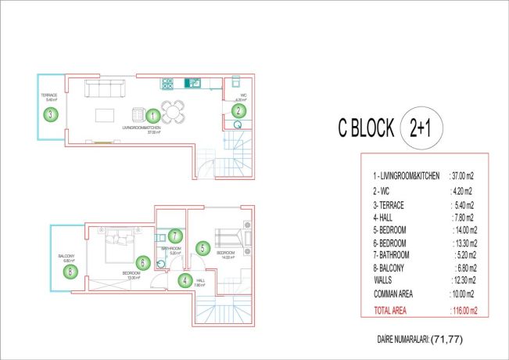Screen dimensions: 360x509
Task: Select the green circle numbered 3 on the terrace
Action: click(x=50, y=114)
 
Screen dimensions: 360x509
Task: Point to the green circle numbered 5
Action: click(x=202, y=249)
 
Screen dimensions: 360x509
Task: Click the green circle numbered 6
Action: click(x=142, y=263)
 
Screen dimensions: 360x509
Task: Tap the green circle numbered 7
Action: click(x=175, y=235)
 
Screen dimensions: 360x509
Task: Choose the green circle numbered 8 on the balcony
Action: click(x=71, y=272)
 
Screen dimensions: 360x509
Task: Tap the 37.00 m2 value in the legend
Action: click(x=465, y=176)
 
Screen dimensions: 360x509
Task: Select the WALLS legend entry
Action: click(x=384, y=280)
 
